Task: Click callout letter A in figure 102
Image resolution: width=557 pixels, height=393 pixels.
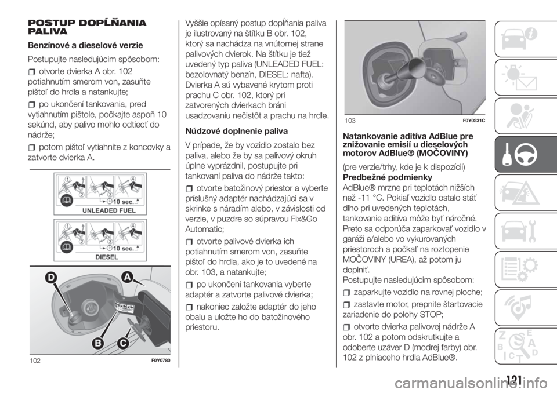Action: tap(126, 277)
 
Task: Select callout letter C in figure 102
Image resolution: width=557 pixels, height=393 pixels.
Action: tap(122, 343)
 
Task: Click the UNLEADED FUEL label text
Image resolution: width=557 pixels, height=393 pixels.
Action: tap(109, 210)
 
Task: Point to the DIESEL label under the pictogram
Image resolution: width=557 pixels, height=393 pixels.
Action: tap(107, 257)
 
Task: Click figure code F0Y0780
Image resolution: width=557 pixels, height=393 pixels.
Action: tap(161, 361)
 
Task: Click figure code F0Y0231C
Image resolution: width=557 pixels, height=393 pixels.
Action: tap(474, 121)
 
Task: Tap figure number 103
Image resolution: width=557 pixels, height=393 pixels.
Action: tap(350, 121)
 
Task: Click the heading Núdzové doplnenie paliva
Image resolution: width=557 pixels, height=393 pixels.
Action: tap(237, 132)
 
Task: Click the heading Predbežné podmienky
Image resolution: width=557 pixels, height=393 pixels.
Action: tap(388, 177)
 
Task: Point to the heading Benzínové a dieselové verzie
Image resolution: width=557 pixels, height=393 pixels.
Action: tap(85, 45)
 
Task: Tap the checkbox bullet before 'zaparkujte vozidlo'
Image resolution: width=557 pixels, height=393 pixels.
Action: tap(346, 293)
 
